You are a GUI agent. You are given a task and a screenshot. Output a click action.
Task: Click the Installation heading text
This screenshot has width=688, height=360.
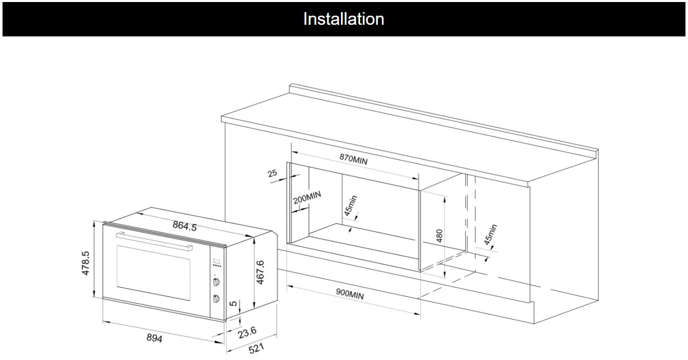point(343,19)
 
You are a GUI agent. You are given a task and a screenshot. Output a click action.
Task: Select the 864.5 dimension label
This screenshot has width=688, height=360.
point(184,226)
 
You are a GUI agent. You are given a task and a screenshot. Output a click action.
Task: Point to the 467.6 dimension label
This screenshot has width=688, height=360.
point(261,273)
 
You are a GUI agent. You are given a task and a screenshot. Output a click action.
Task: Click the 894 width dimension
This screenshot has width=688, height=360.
point(154,338)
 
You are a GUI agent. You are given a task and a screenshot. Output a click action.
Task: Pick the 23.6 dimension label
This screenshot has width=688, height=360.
point(247,332)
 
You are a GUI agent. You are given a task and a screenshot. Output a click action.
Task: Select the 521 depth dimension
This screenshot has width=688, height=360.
point(256,349)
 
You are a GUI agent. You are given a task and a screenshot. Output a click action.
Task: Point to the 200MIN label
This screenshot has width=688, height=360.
point(307,197)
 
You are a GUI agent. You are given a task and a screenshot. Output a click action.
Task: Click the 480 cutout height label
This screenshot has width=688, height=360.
point(440,236)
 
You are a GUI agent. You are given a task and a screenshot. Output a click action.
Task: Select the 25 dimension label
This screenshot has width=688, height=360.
point(273,173)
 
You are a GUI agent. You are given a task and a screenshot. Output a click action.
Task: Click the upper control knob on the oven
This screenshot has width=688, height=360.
point(217,282)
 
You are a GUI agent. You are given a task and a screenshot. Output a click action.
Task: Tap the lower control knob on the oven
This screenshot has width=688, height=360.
point(217,299)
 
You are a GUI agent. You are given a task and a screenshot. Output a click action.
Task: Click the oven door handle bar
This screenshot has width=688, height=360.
point(154,241)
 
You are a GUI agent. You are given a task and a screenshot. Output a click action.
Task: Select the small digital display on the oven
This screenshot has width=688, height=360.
point(217,262)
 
